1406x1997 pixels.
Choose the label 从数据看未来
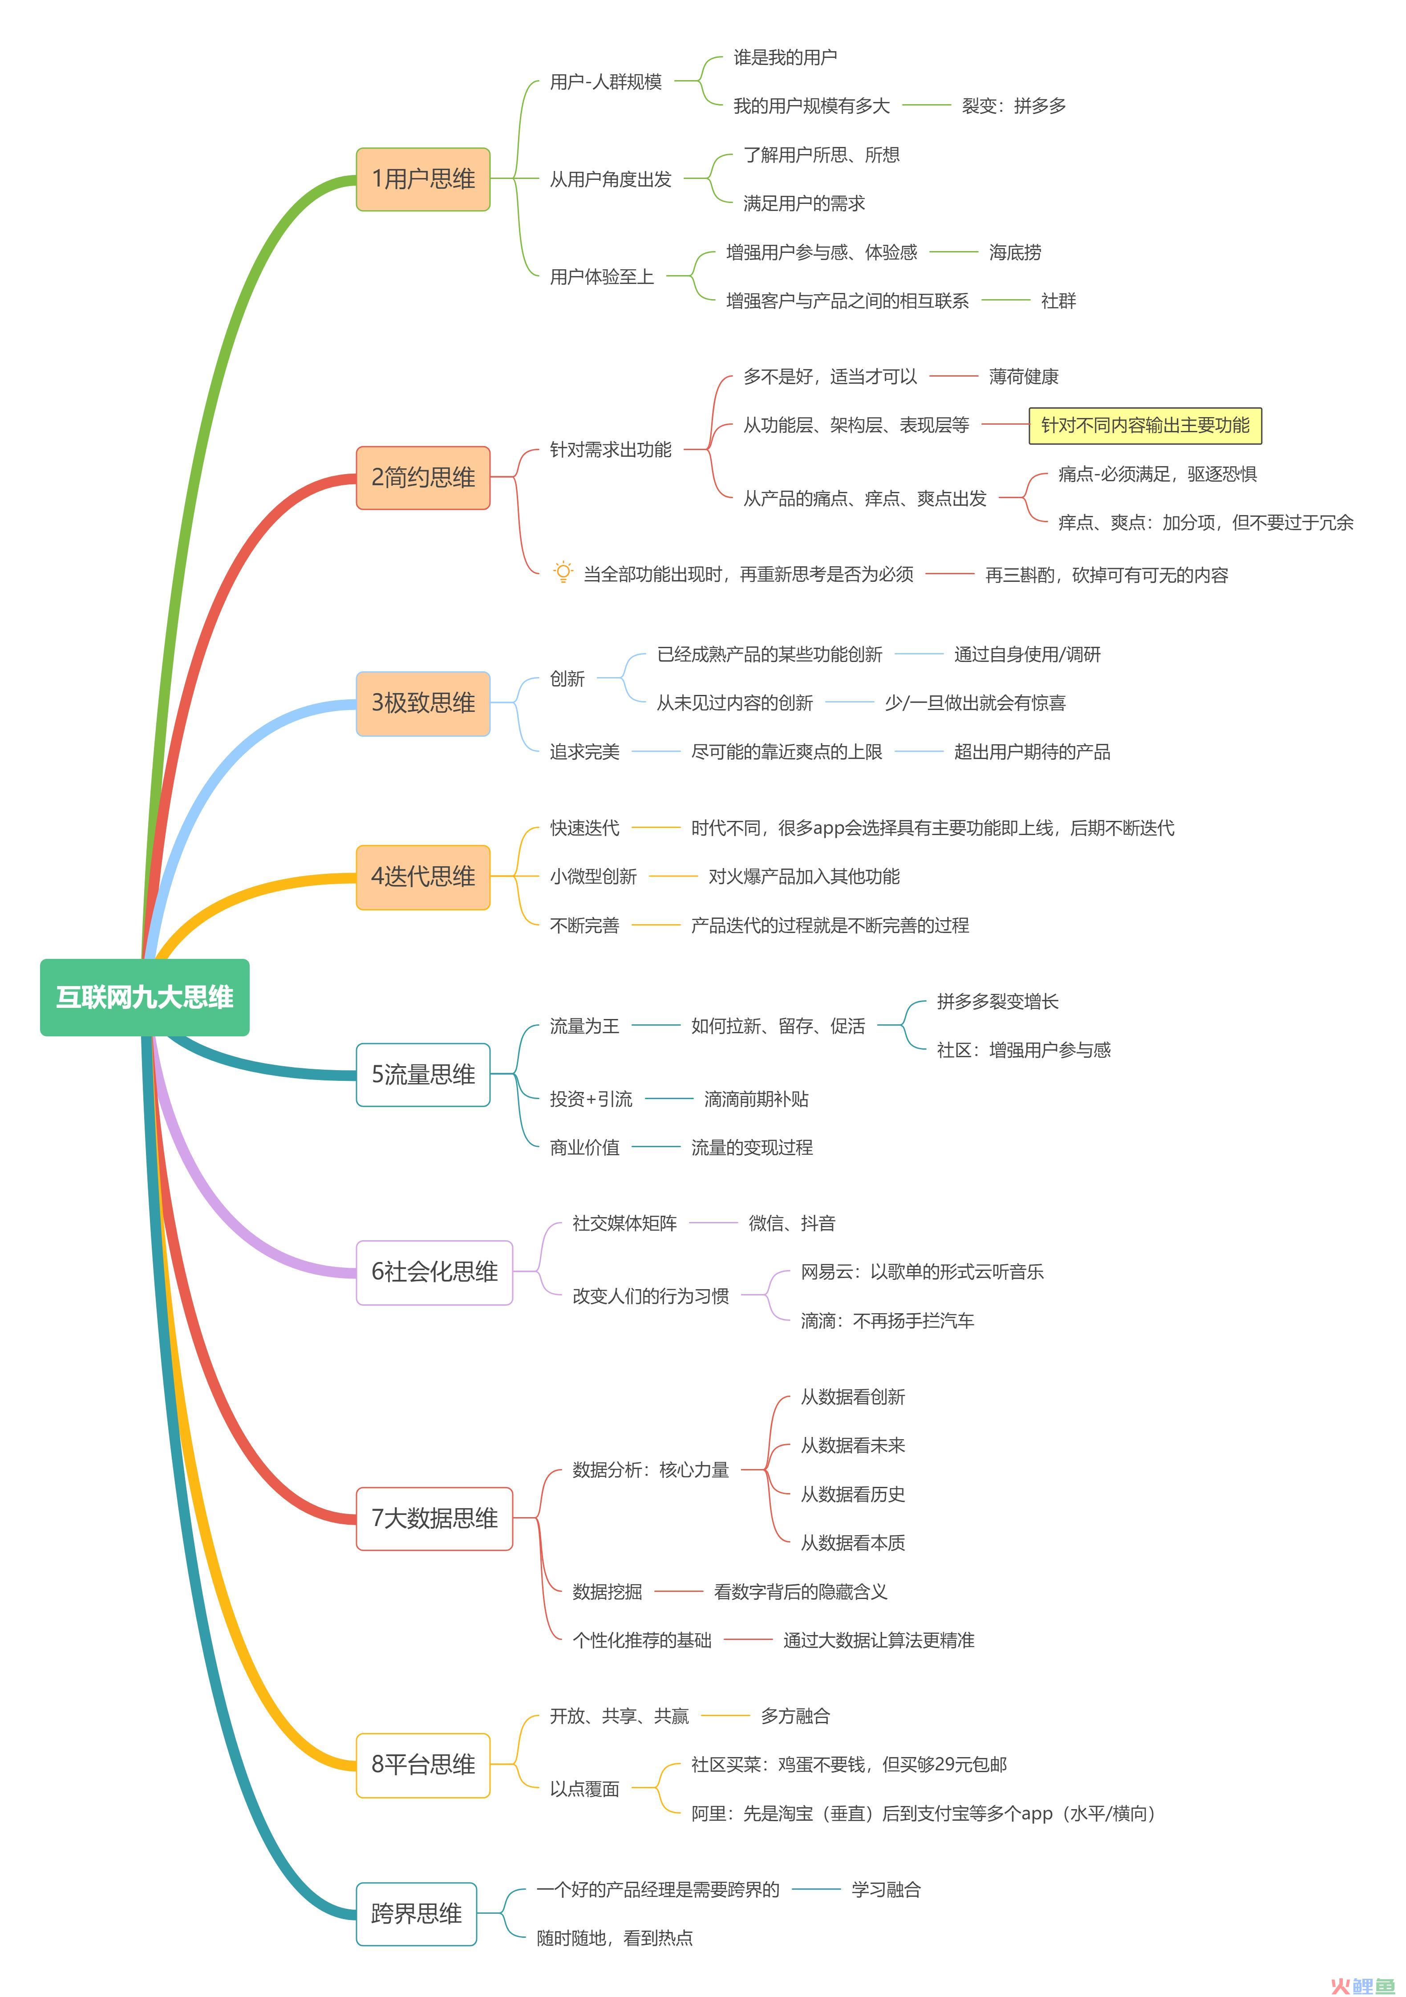click(852, 1445)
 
